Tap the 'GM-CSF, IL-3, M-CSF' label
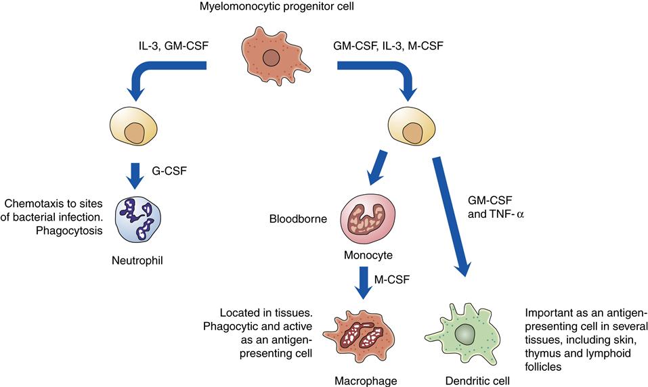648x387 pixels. (x=381, y=49)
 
